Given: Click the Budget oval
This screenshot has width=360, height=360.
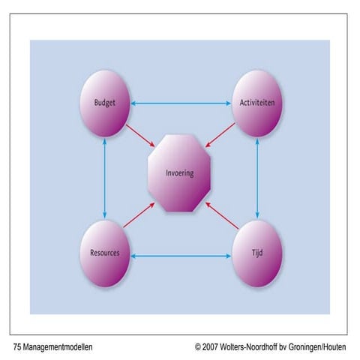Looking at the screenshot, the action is point(105,103).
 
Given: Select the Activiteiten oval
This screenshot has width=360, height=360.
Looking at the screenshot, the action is point(257,103).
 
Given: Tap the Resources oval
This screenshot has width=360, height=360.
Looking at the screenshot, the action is point(105,253).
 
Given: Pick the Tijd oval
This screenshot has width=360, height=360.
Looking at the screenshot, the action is point(257,253).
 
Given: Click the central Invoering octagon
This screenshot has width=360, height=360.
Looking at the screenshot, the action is point(179,173).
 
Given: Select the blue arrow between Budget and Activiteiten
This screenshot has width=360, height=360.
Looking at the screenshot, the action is point(181,103).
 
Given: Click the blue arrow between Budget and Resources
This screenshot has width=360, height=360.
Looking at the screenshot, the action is point(105,178).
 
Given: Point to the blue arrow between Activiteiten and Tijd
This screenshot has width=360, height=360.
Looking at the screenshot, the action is point(257,178).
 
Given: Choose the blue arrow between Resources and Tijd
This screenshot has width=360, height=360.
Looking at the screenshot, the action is point(181,256).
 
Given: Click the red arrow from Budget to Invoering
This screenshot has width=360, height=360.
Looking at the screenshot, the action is point(140,136).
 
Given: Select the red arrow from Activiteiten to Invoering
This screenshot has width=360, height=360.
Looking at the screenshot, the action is point(220,135).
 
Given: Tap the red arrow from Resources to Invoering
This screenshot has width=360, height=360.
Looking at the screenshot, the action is point(139,215).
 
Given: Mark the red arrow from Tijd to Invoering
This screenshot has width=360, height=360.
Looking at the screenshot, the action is point(222,215).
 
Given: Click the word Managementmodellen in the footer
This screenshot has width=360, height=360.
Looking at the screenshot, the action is point(58,347).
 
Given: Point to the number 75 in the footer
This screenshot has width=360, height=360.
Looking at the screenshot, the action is point(17,347).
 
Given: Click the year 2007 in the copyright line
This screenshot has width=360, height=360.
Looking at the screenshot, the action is point(210,347).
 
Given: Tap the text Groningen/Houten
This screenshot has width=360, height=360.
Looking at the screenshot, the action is point(317,347).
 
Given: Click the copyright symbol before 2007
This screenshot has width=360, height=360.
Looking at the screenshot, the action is point(198,347).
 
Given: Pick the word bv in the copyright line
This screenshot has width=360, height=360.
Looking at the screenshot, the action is point(283,347).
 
